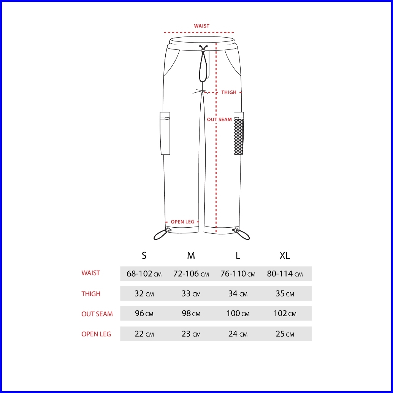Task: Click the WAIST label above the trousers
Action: tap(201, 26)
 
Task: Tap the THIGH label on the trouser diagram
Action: tap(229, 92)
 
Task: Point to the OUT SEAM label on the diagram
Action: tap(219, 120)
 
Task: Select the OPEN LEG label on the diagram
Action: tap(182, 222)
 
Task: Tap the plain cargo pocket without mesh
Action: tap(165, 133)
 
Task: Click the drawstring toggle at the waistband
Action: tap(203, 51)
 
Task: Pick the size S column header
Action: tap(144, 255)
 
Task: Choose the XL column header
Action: tap(285, 255)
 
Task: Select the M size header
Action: tap(191, 255)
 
